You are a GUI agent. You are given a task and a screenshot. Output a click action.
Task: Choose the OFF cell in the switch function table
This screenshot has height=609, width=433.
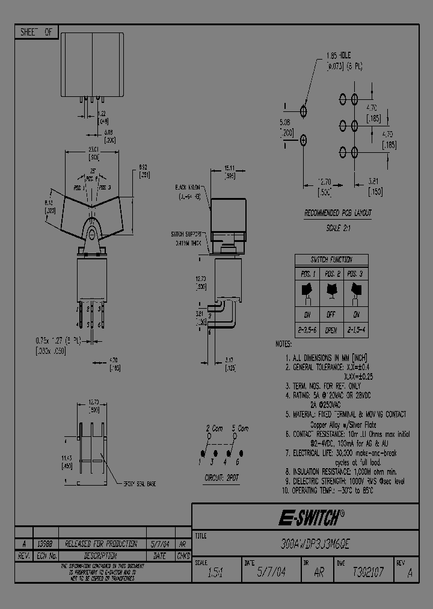click(330, 314)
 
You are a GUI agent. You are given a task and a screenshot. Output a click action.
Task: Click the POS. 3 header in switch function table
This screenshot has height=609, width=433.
click(356, 273)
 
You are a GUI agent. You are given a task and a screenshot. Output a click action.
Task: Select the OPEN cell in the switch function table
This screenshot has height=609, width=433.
click(330, 329)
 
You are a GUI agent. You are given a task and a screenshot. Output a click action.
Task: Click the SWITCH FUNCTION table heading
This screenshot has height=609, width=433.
click(331, 259)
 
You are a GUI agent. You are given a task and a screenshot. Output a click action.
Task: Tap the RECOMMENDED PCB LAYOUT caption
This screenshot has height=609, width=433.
click(337, 213)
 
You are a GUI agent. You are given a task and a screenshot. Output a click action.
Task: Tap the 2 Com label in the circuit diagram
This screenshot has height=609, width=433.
click(215, 428)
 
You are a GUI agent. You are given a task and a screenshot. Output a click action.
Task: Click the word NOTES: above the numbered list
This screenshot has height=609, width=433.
click(283, 344)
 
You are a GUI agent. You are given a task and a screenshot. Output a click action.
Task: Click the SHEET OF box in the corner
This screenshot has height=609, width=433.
click(36, 33)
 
